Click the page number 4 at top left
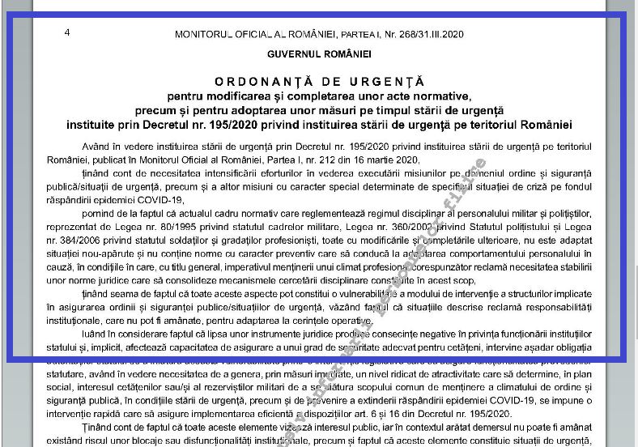(66, 32)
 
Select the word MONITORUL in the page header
(202, 35)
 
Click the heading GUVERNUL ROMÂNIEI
(319, 54)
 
